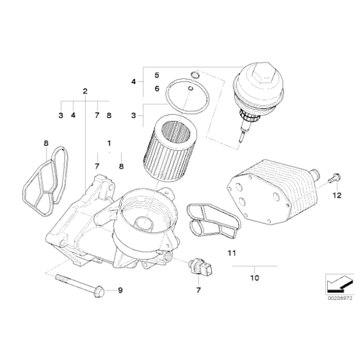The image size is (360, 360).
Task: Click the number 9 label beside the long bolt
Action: (x=120, y=290)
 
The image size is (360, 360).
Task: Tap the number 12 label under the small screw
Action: (x=337, y=196)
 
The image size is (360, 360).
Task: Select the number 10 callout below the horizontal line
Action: (x=254, y=278)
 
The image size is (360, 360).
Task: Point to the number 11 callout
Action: (x=232, y=253)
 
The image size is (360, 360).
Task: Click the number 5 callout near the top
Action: (x=156, y=75)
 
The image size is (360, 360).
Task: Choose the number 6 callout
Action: (x=156, y=89)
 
